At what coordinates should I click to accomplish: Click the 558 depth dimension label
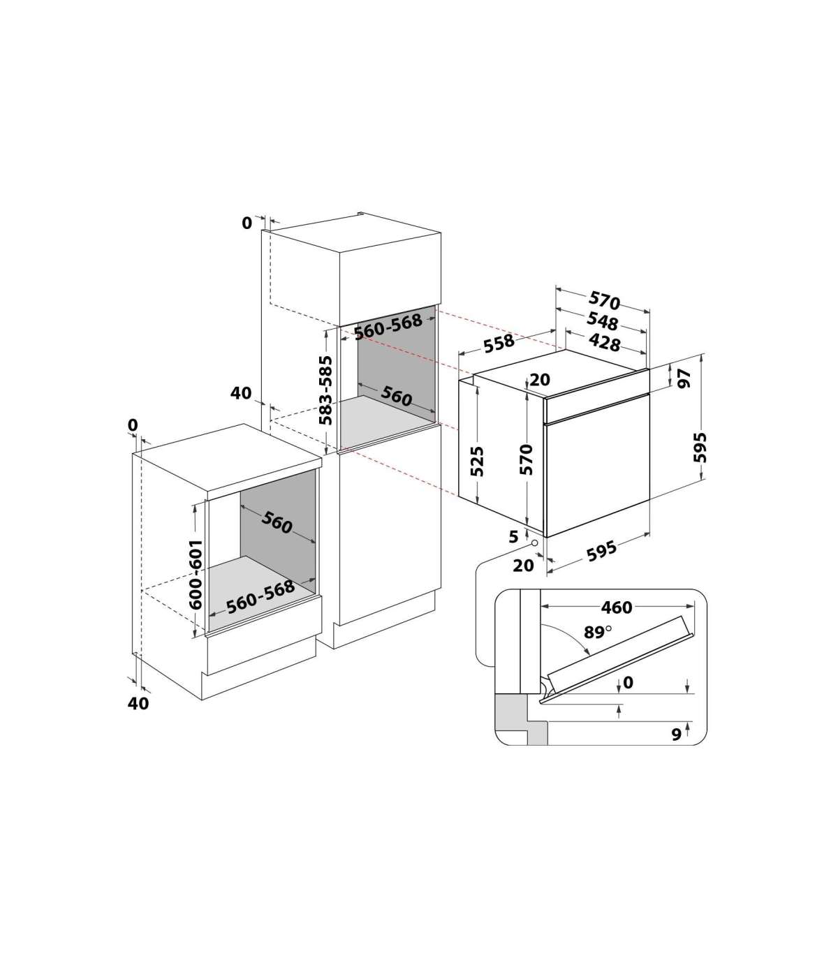pyautogui.click(x=499, y=343)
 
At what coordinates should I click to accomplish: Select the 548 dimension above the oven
pyautogui.click(x=603, y=322)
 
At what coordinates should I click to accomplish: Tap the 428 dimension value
pyautogui.click(x=604, y=342)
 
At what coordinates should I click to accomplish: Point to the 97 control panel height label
pyautogui.click(x=685, y=378)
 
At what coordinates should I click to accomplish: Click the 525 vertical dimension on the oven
pyautogui.click(x=477, y=462)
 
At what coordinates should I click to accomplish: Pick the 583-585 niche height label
pyautogui.click(x=325, y=390)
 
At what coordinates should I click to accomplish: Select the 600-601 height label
pyautogui.click(x=196, y=575)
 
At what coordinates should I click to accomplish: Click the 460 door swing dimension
pyautogui.click(x=617, y=607)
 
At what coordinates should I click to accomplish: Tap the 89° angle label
pyautogui.click(x=597, y=632)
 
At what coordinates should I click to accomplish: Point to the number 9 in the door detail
pyautogui.click(x=676, y=734)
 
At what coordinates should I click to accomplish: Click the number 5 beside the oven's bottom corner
pyautogui.click(x=513, y=536)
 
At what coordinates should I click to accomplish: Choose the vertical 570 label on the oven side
pyautogui.click(x=527, y=459)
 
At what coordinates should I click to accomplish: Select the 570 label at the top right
pyautogui.click(x=604, y=300)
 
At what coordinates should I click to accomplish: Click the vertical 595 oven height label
pyautogui.click(x=700, y=447)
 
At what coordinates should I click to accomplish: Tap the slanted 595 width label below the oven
pyautogui.click(x=601, y=551)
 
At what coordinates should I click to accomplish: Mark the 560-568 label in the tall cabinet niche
pyautogui.click(x=388, y=326)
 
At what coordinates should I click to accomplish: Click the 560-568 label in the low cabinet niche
pyautogui.click(x=260, y=596)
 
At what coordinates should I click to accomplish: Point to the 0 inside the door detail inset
pyautogui.click(x=628, y=683)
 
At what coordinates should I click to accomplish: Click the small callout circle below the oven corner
pyautogui.click(x=534, y=543)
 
